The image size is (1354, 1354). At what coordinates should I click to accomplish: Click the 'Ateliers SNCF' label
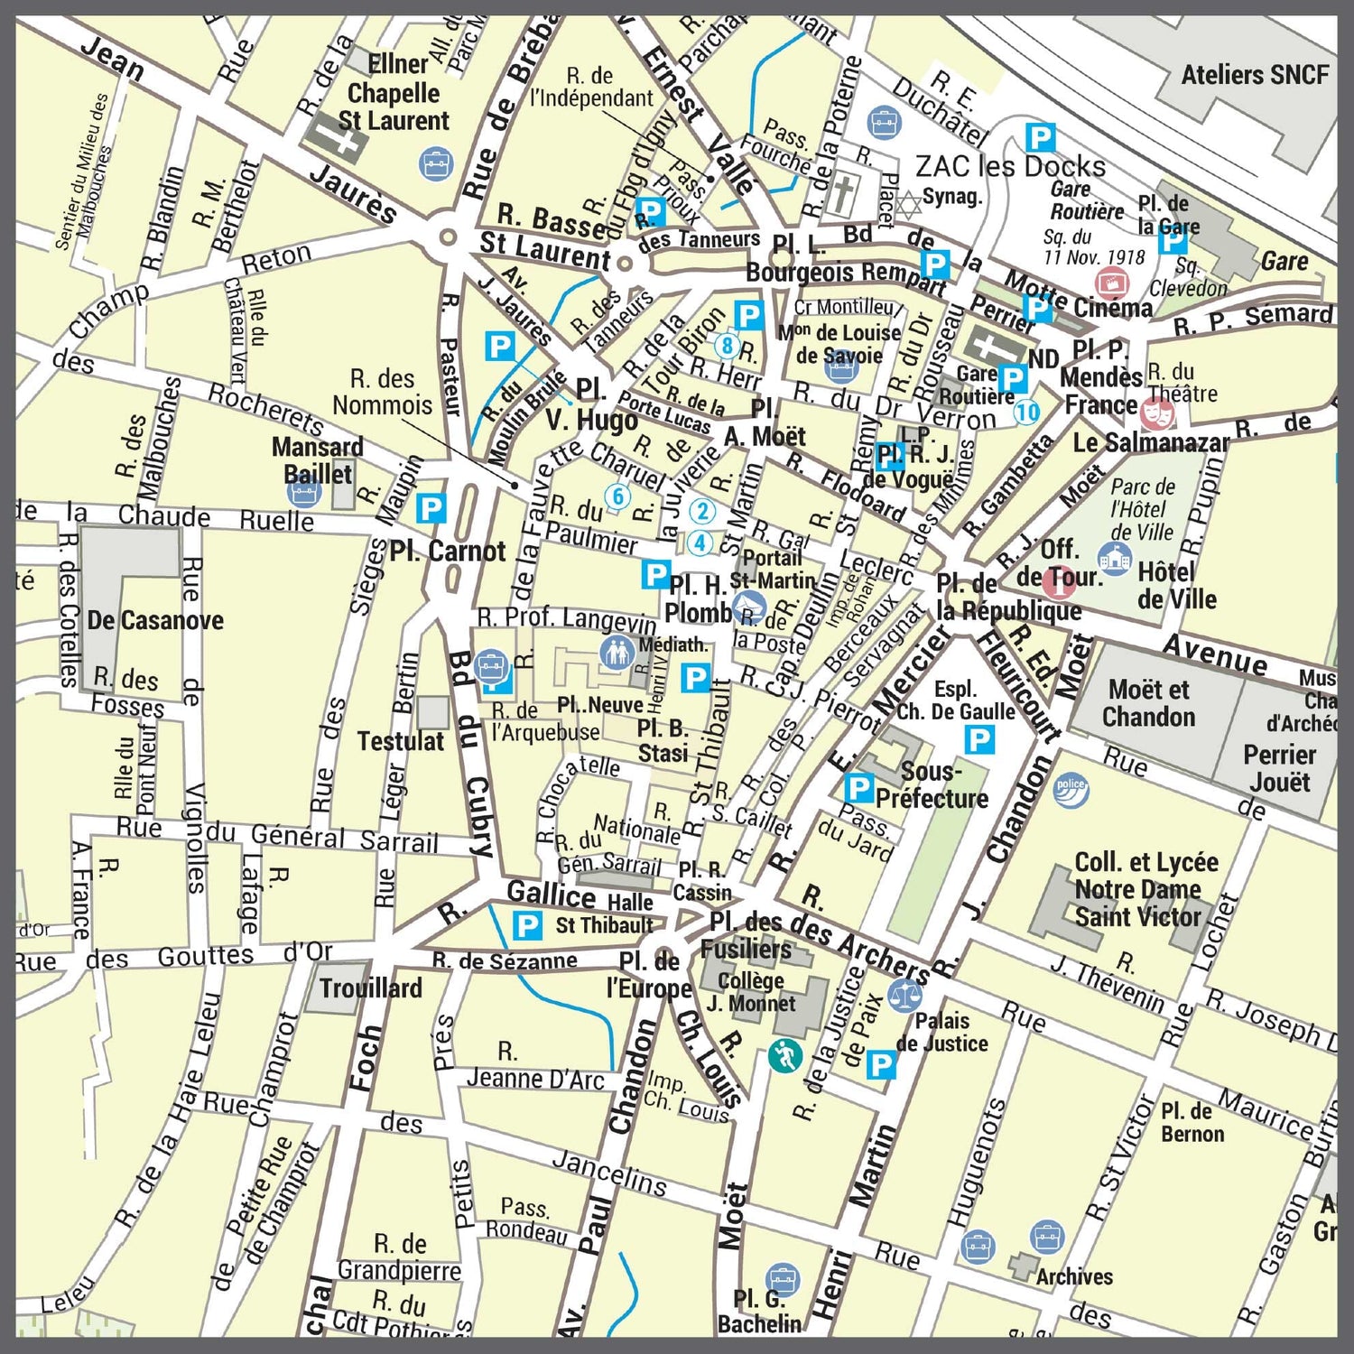pyautogui.click(x=1255, y=75)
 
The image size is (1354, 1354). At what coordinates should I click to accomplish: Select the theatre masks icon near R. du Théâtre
pyautogui.click(x=1157, y=413)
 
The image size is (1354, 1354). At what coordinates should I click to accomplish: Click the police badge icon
pyautogui.click(x=1071, y=789)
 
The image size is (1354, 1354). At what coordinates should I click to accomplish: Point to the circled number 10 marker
pyautogui.click(x=1026, y=412)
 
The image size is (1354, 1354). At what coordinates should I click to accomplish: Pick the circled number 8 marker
pyautogui.click(x=728, y=345)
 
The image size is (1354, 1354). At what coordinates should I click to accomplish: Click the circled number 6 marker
pyautogui.click(x=618, y=496)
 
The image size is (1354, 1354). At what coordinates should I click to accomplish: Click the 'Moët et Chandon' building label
pyautogui.click(x=1148, y=703)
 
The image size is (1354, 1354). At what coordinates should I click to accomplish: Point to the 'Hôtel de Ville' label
pyautogui.click(x=1176, y=585)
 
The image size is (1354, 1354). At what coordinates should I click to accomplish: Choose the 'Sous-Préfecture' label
pyautogui.click(x=932, y=785)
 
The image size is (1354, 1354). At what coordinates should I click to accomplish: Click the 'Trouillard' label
pyautogui.click(x=371, y=988)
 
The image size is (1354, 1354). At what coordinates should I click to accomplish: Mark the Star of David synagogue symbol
pyautogui.click(x=908, y=204)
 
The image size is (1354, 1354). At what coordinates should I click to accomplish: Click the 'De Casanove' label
pyautogui.click(x=155, y=620)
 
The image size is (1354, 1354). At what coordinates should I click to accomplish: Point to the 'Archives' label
pyautogui.click(x=1073, y=1276)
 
